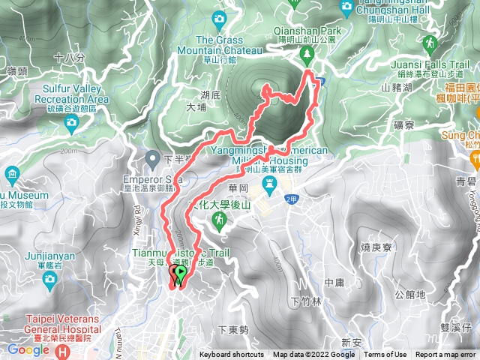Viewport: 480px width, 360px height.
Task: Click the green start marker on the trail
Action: pyautogui.click(x=179, y=275)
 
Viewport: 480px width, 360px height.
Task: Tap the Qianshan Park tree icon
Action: pyautogui.click(x=307, y=55)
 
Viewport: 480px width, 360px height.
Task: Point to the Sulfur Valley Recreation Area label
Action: pyautogui.click(x=71, y=94)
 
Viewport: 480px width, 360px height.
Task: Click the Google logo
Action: pyautogui.click(x=28, y=349)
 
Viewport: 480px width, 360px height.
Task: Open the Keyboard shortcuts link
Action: pyautogui.click(x=232, y=355)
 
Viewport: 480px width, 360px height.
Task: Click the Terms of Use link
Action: pyautogui.click(x=385, y=355)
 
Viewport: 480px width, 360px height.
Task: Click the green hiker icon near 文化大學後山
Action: pyautogui.click(x=218, y=220)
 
